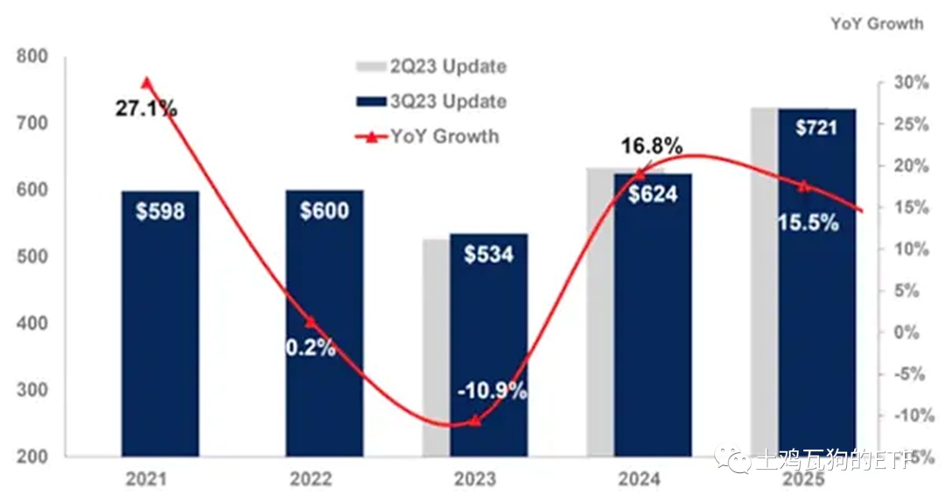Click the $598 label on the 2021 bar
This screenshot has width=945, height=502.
160,212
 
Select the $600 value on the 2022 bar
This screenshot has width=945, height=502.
324,211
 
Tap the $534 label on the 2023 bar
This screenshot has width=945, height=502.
488,254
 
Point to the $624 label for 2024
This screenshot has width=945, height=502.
653,193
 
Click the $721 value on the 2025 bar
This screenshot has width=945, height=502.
816,129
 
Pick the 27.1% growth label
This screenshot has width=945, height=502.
146,109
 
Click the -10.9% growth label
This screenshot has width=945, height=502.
492,391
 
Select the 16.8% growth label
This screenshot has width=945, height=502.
652,147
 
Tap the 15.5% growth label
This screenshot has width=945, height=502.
808,222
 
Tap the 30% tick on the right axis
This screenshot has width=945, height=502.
911,83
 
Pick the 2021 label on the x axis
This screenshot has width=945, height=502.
146,479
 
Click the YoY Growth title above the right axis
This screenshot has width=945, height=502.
877,24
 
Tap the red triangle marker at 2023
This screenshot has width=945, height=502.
474,421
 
